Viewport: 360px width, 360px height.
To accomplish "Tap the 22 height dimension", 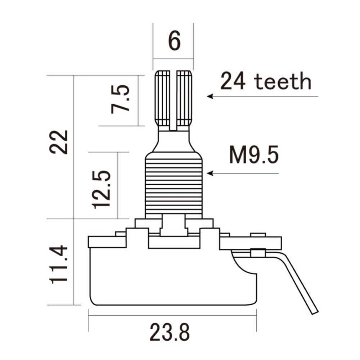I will click(x=59, y=142).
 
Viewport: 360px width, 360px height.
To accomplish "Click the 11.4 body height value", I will click(x=59, y=264).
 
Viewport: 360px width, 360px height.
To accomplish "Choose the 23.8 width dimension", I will click(x=170, y=332).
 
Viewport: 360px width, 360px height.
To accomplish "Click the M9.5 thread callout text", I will click(x=254, y=156).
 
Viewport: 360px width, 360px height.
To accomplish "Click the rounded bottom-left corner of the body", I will click(x=92, y=301).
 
